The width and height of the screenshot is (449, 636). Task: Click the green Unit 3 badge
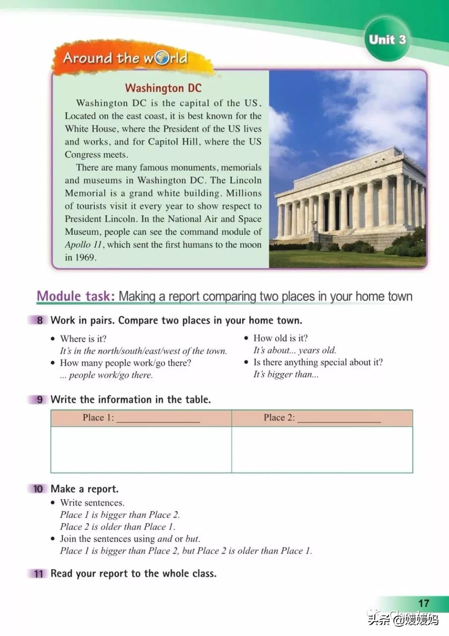pyautogui.click(x=387, y=40)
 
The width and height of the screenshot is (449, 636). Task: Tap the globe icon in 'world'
pyautogui.click(x=162, y=58)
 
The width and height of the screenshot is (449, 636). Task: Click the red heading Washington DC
pyautogui.click(x=163, y=88)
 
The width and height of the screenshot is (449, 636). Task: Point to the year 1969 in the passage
pyautogui.click(x=86, y=258)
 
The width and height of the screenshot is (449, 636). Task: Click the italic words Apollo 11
pyautogui.click(x=83, y=245)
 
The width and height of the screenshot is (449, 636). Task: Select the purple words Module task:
pyautogui.click(x=75, y=296)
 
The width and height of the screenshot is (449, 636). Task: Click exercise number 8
pyautogui.click(x=40, y=320)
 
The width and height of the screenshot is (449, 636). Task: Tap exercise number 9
pyautogui.click(x=40, y=400)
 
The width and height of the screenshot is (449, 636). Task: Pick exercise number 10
pyautogui.click(x=38, y=489)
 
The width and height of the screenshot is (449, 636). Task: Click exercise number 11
pyautogui.click(x=38, y=574)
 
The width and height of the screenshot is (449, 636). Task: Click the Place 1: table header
pyautogui.click(x=141, y=418)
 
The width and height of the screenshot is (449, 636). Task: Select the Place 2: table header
pyautogui.click(x=322, y=418)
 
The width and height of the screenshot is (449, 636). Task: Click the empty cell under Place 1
pyautogui.click(x=141, y=450)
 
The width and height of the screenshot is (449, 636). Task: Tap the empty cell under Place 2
pyautogui.click(x=322, y=450)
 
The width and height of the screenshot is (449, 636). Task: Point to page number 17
pyautogui.click(x=423, y=604)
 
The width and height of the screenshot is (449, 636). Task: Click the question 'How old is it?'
pyautogui.click(x=281, y=338)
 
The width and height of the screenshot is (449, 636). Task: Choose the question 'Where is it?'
pyautogui.click(x=83, y=339)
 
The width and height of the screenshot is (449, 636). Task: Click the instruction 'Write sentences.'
pyautogui.click(x=92, y=503)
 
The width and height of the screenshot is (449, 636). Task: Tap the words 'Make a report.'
pyautogui.click(x=85, y=489)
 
